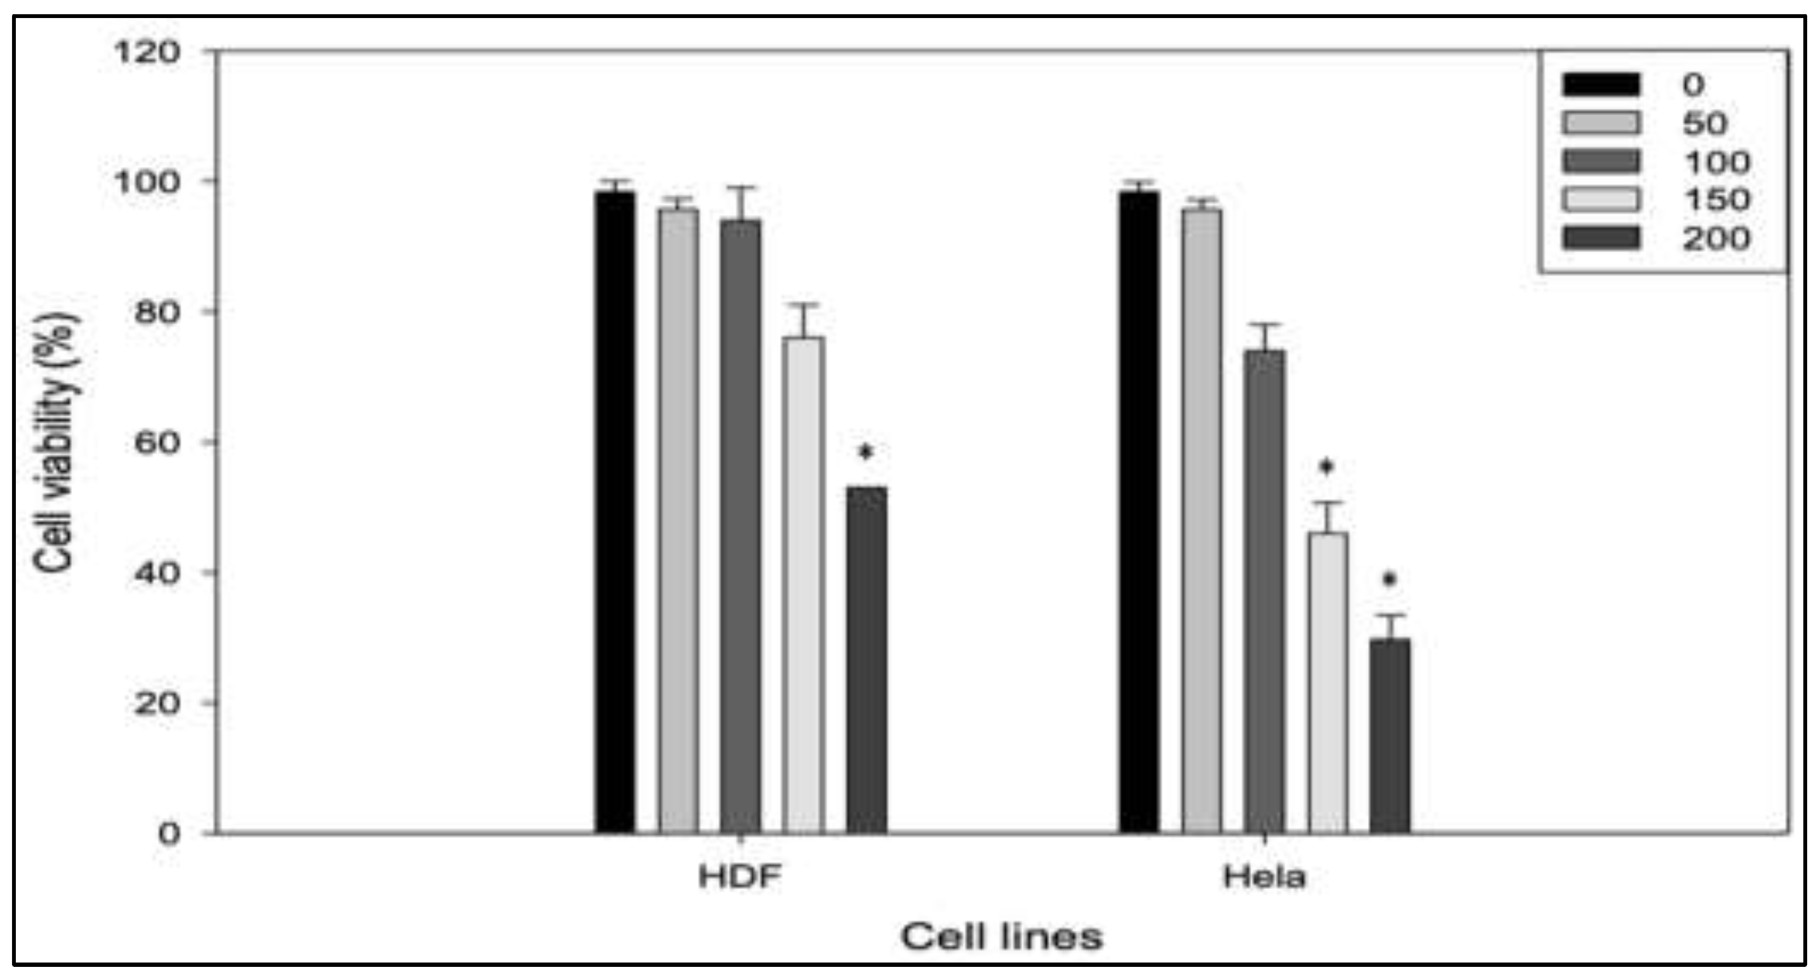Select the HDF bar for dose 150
804,585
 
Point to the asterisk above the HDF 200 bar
865,452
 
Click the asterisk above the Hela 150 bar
1327,467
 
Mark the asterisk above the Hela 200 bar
1389,580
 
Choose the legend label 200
1716,238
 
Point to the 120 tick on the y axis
146,51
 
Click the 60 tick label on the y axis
156,442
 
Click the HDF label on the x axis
740,877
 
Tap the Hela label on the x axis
1265,877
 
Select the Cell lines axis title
1001,937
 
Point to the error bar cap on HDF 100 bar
741,187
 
